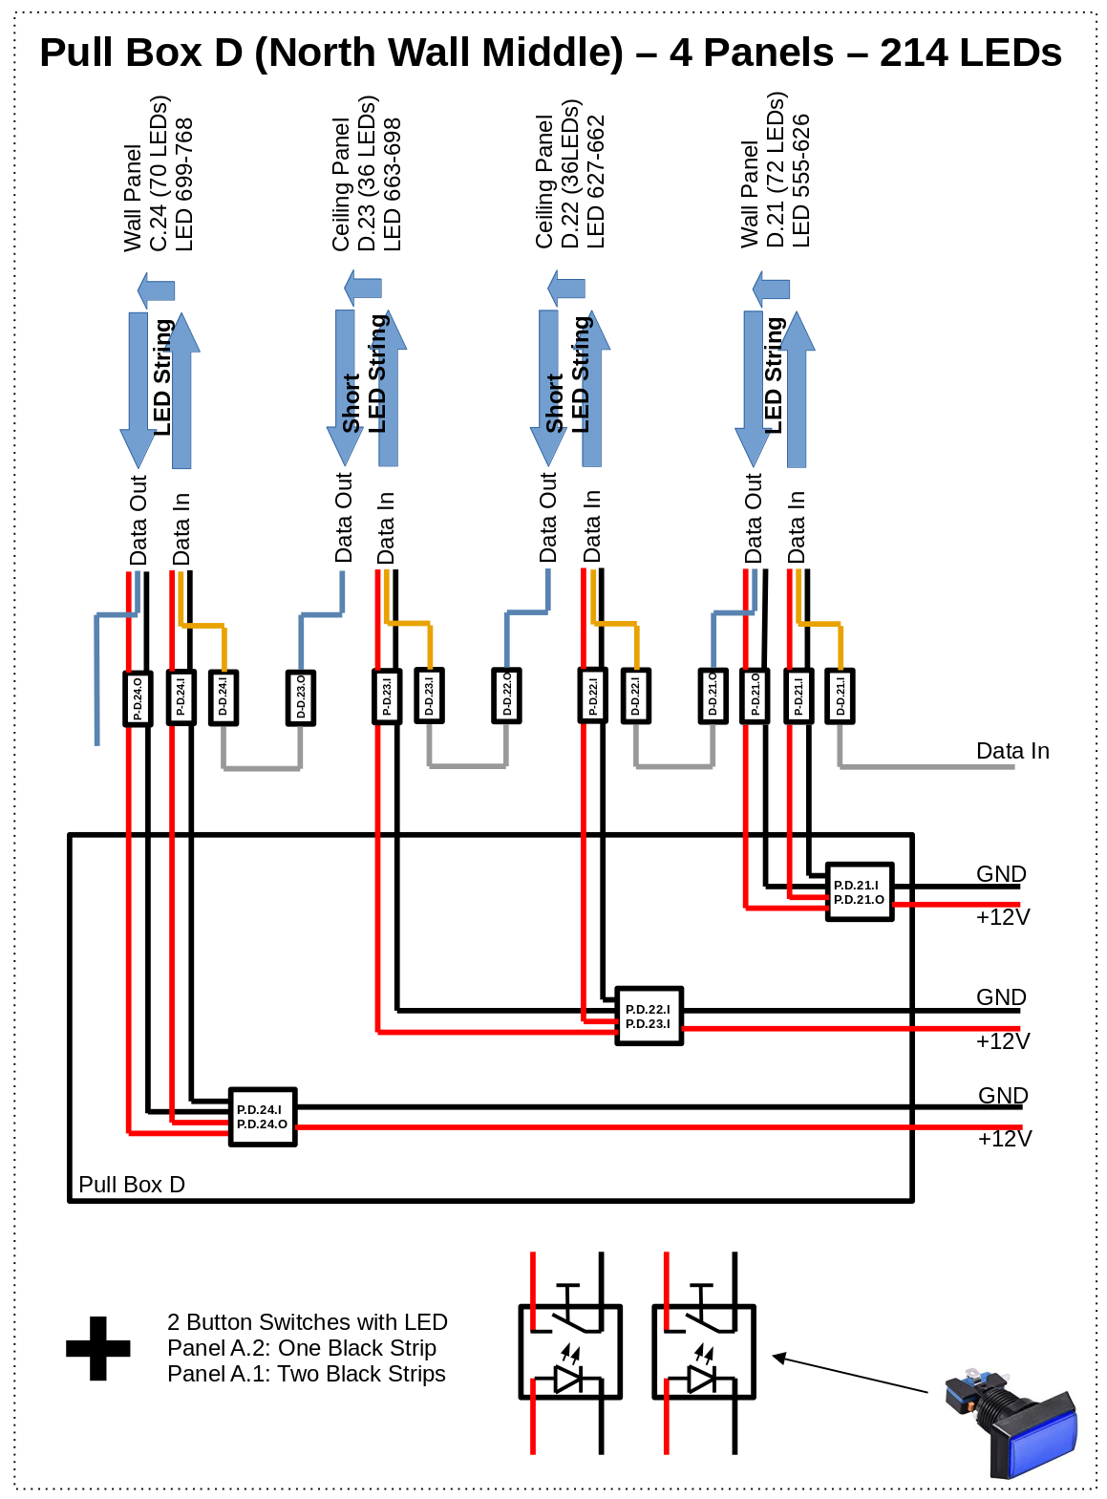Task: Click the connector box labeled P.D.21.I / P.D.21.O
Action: [859, 892]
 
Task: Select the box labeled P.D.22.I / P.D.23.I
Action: [649, 1017]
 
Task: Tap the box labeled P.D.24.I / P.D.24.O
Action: [263, 1117]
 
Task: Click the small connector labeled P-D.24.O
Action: [138, 698]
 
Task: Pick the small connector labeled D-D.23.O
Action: [301, 698]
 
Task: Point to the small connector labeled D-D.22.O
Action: [506, 696]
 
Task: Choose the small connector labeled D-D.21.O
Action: [713, 696]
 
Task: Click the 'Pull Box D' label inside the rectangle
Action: [132, 1185]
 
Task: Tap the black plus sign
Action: [98, 1348]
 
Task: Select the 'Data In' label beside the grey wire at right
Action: [1011, 751]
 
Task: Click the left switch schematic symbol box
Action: [570, 1352]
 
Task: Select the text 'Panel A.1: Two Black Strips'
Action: [306, 1374]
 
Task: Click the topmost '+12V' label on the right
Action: [1002, 917]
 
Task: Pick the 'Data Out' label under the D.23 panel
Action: [344, 517]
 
